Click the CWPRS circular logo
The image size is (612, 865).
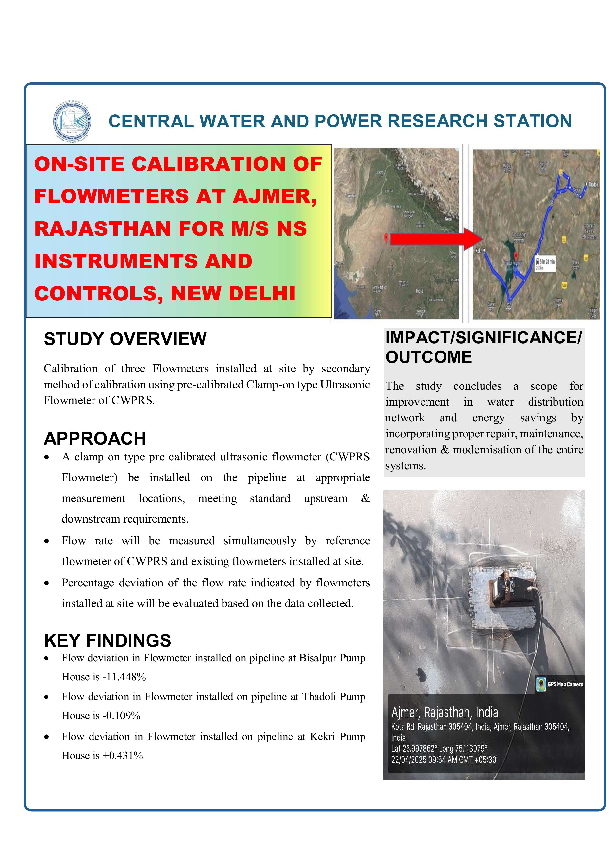[72, 121]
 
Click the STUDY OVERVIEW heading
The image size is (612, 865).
[125, 339]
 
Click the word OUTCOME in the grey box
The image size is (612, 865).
[428, 357]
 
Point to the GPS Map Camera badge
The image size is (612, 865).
[560, 684]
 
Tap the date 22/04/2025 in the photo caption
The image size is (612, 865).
[409, 760]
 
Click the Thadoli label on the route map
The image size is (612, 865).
[593, 185]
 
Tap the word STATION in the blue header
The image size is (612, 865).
[532, 121]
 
